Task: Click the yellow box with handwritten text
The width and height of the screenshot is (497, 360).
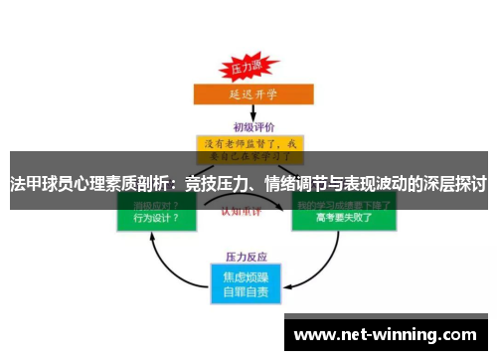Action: click(x=248, y=149)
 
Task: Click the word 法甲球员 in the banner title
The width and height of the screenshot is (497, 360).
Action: click(x=39, y=183)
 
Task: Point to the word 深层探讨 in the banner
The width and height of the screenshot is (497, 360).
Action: click(x=454, y=183)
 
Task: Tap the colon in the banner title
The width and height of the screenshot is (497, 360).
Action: click(x=176, y=183)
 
